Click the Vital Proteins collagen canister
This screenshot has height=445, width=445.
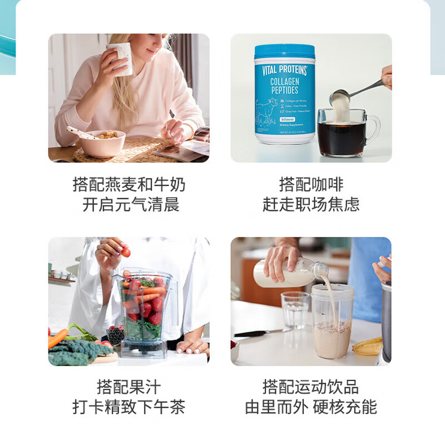pos(284,95)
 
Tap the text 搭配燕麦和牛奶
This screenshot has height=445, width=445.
pos(129,184)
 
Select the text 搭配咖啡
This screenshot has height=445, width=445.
pos(311,184)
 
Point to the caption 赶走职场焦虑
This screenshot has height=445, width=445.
pos(311,204)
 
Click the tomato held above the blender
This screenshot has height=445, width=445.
pos(126,253)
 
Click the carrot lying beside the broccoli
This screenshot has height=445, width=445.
pos(57,338)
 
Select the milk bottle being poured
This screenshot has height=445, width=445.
pos(289,273)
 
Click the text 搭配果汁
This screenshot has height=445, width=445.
pos(128,387)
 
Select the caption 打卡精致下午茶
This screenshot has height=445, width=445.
pos(128,407)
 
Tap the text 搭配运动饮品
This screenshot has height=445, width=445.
pos(311,387)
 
